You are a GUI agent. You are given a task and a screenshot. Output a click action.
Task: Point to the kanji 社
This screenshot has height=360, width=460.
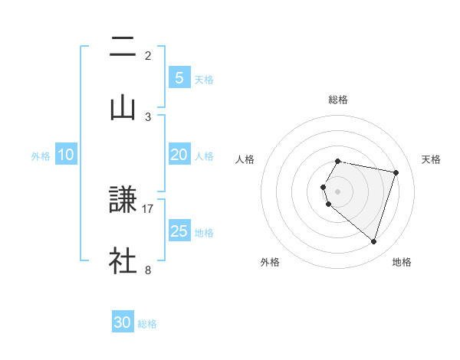[123, 261]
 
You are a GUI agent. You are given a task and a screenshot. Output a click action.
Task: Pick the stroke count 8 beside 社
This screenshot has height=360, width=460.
[148, 270]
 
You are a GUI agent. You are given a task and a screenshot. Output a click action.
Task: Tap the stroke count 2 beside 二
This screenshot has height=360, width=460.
[148, 56]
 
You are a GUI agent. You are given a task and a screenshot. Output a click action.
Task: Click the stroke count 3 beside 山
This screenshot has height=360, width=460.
[148, 116]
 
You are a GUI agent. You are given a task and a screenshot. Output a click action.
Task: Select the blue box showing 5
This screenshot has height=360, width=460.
[179, 77]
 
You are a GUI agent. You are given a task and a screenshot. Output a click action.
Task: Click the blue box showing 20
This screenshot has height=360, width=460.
[179, 155]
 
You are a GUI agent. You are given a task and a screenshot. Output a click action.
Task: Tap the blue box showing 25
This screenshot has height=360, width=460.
[179, 231]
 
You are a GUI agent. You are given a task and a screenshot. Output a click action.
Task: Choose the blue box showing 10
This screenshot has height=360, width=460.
[66, 155]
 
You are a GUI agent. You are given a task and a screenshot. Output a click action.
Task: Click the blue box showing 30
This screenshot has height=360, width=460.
[123, 322]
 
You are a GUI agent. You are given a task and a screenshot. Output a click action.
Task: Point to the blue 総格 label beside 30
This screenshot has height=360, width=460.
[147, 324]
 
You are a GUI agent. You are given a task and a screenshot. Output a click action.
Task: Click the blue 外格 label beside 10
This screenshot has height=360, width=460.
[41, 156]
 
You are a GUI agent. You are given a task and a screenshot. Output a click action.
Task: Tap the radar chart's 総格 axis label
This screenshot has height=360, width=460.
[338, 100]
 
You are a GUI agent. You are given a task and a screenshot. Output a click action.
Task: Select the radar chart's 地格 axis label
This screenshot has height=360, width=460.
[402, 262]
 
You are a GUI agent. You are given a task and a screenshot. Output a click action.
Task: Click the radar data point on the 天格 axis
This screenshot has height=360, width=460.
[396, 172]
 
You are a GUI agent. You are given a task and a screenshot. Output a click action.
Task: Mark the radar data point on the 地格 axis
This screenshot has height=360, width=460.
[373, 242]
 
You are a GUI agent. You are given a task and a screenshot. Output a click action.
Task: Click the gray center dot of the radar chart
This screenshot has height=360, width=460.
[338, 191]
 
